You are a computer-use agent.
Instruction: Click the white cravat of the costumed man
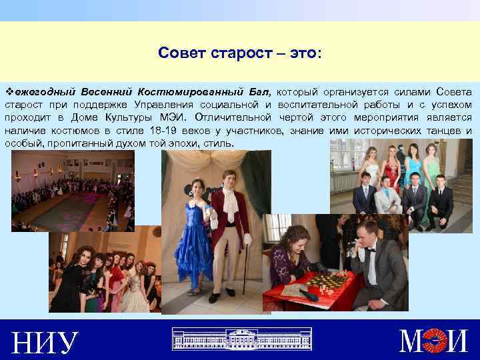(x=229, y=203)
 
